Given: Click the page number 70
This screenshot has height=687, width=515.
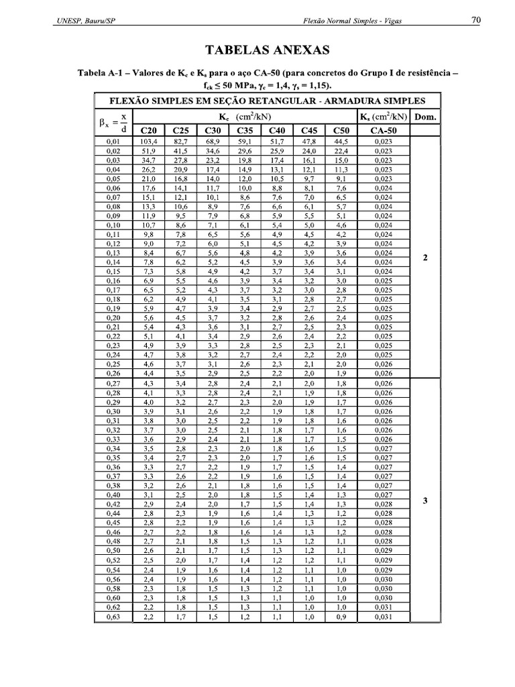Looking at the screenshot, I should click(x=475, y=21).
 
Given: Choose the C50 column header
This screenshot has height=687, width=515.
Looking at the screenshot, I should click(x=341, y=130).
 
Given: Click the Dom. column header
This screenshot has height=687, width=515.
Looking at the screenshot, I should click(x=426, y=117).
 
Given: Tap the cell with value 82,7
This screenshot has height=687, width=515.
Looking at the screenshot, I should click(x=180, y=142).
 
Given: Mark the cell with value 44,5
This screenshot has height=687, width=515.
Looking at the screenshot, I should click(x=341, y=142).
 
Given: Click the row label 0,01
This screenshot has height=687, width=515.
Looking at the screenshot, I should click(x=113, y=142).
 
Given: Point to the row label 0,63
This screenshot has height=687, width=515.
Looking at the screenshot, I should click(x=113, y=617).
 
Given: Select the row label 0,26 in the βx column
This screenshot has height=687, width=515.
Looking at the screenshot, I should click(x=113, y=372).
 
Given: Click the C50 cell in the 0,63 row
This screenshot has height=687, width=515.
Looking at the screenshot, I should click(x=341, y=617).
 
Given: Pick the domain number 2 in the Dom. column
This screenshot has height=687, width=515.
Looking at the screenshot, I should click(x=426, y=257).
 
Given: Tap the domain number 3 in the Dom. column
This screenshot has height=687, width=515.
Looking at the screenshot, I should click(x=426, y=498).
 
